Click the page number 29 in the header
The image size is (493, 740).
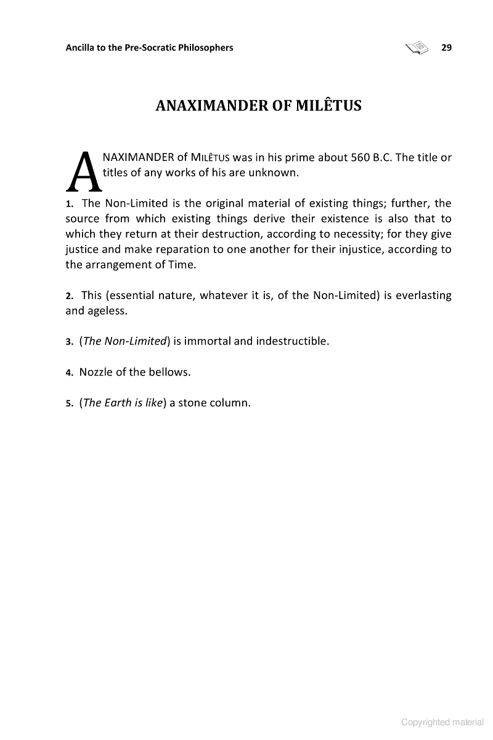(447, 47)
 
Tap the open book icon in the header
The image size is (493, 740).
(417, 47)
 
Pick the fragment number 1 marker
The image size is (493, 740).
(70, 204)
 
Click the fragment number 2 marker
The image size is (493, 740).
(70, 296)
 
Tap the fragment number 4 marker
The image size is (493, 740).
(70, 372)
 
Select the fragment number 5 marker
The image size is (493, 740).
(70, 404)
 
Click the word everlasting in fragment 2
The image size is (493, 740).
(423, 295)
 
